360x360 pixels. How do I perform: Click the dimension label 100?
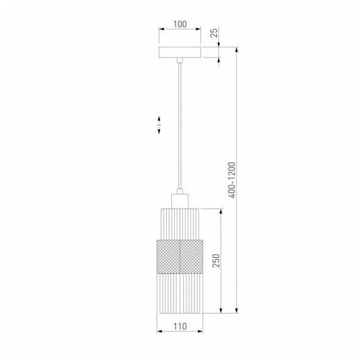[x=180, y=24]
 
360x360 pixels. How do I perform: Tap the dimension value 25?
[x=214, y=33]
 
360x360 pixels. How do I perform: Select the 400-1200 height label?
[x=232, y=180]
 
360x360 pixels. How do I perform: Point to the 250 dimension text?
[x=216, y=260]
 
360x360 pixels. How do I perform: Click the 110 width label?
[x=180, y=326]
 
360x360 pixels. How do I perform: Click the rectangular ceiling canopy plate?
[x=180, y=53]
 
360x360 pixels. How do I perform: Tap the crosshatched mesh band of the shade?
[x=180, y=257]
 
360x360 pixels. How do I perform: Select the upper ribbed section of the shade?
[x=180, y=224]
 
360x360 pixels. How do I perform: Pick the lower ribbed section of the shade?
[x=180, y=293]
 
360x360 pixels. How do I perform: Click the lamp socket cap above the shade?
[x=180, y=201]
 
